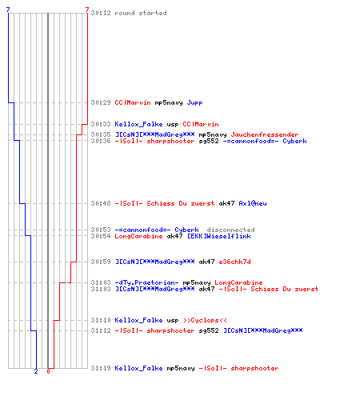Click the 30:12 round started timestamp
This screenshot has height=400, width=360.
coord(101,13)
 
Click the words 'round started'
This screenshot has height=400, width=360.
coord(141,13)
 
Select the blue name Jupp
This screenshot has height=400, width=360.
coord(194,102)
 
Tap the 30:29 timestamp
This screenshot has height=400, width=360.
coord(101,102)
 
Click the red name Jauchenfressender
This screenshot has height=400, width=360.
coord(265,134)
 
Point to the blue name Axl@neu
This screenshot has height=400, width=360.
coord(253,203)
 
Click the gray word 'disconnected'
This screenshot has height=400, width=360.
coord(230,230)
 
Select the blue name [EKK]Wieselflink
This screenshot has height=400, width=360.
coord(219,236)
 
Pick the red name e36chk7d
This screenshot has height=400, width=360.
coord(234,262)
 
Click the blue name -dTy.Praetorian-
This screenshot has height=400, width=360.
coord(146,282)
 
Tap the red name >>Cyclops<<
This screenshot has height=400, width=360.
coord(205,320)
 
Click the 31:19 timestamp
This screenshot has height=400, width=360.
coord(101,368)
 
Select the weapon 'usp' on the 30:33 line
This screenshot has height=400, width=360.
coord(173,125)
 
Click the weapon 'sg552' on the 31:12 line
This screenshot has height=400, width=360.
coord(209,330)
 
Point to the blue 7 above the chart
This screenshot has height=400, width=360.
coord(8,10)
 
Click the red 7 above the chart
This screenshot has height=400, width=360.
coord(87,10)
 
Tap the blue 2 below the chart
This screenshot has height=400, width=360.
coord(36,371)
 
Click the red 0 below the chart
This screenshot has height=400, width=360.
coord(48,371)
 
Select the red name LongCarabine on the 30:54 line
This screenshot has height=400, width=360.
coord(138,236)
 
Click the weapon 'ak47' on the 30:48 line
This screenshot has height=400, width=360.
coord(226,203)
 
